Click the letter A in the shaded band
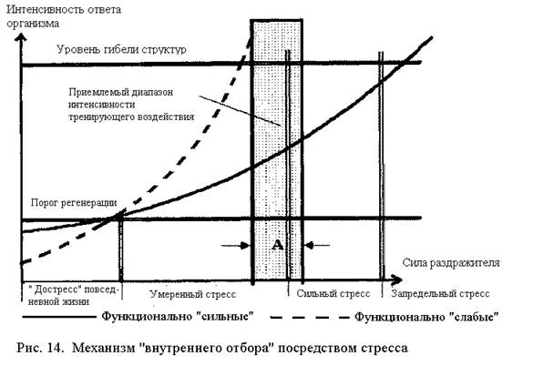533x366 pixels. (277, 245)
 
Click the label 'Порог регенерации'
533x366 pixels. (74, 202)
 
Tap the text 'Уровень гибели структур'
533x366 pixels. (121, 49)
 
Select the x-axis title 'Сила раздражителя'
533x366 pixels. (451, 263)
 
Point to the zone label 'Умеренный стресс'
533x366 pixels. (193, 294)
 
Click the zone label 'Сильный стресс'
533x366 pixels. (333, 293)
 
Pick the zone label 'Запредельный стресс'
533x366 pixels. (440, 293)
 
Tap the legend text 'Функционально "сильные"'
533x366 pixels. (178, 317)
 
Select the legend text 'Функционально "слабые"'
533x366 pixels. (426, 317)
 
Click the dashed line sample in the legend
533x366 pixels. (309, 318)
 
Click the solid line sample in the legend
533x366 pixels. (59, 317)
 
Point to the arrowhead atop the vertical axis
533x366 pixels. (21, 37)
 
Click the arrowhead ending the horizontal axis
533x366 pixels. (396, 280)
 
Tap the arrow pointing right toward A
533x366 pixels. (236, 245)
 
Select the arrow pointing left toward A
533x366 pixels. (317, 245)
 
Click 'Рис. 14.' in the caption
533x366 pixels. (40, 348)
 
